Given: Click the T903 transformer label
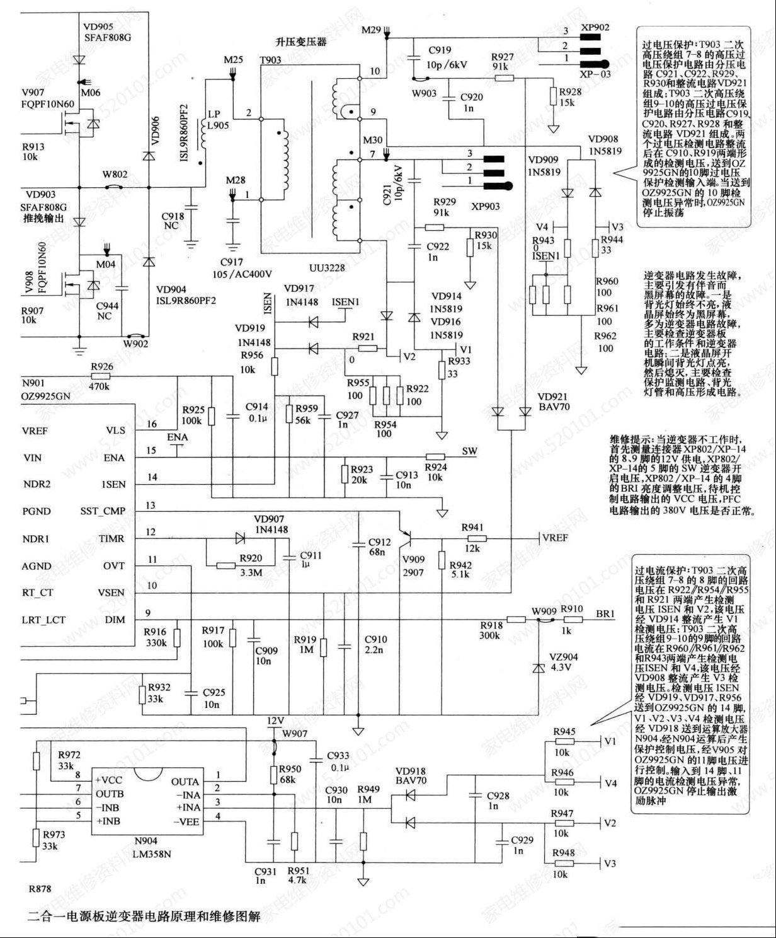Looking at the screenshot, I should (270, 60).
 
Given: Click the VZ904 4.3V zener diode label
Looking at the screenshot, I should (564, 662).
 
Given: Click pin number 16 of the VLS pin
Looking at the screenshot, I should (152, 424).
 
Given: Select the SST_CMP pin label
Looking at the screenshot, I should (103, 511).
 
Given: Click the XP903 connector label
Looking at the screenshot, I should (485, 206).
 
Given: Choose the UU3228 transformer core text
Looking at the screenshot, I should (326, 268).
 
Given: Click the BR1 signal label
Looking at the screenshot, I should (606, 613).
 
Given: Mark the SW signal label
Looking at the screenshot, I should (470, 451).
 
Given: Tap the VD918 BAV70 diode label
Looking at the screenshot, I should (410, 777).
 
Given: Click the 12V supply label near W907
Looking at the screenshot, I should (276, 720).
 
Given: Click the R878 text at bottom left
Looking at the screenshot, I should (40, 889).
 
